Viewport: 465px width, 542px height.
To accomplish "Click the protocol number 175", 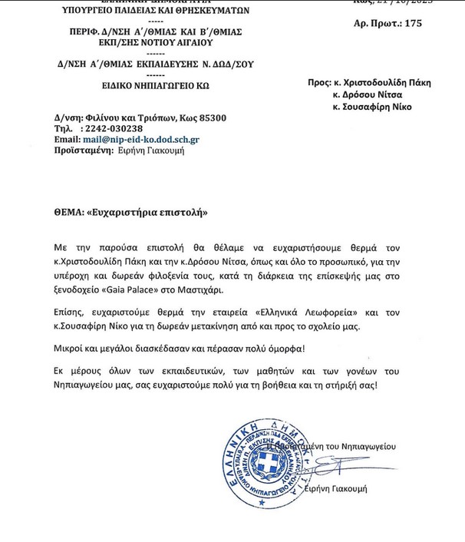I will (413, 24).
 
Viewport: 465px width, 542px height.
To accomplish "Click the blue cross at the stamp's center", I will (268, 463).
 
